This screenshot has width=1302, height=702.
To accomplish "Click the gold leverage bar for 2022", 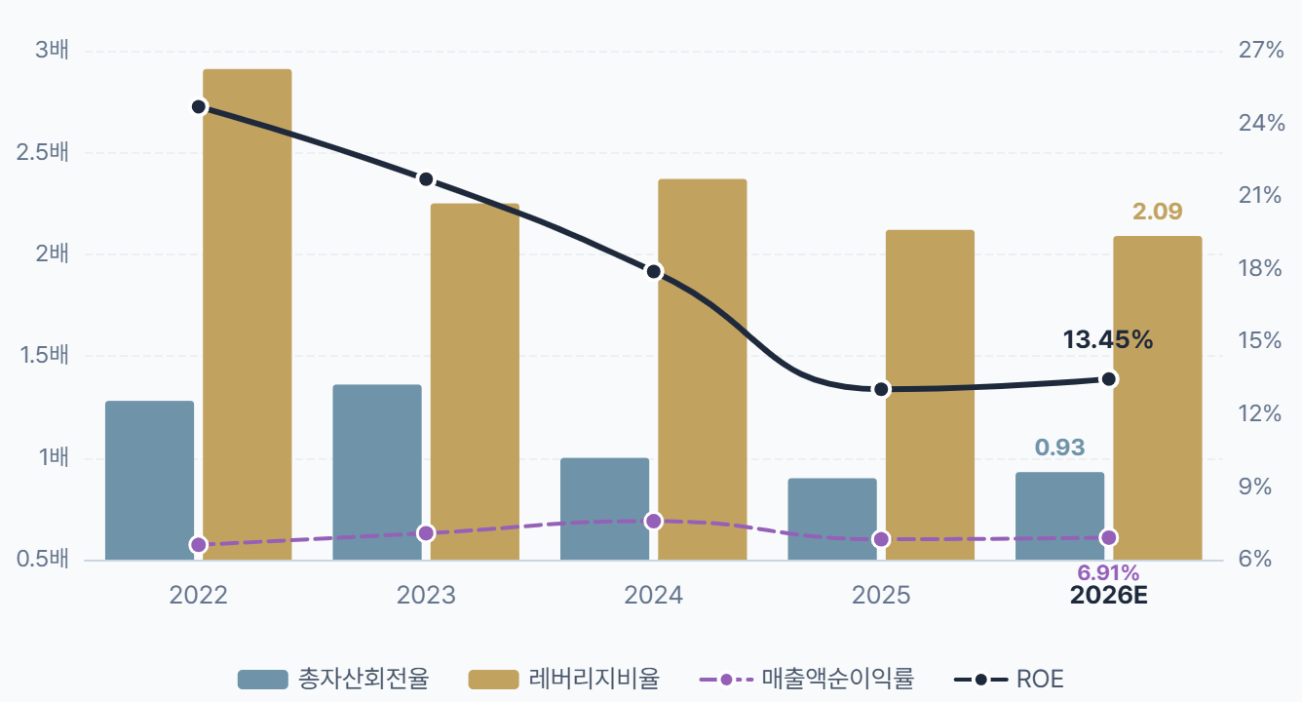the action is pos(247,315).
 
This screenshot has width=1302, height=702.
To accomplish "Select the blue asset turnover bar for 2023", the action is pos(377,472).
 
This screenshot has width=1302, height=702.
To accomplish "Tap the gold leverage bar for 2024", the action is pos(702,370).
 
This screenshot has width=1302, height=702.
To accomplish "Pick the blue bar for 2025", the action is pos(832,520).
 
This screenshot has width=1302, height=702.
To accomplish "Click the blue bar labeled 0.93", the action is pos(1059,517).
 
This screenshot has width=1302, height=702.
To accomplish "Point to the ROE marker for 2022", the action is pos(199,107).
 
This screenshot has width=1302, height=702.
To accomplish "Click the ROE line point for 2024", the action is pos(654,272).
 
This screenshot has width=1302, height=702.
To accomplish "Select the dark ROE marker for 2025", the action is pos(882,389).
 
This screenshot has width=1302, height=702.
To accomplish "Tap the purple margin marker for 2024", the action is pos(654,521).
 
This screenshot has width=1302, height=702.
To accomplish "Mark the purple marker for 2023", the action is pos(426,533).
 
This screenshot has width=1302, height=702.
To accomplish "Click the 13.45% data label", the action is pos(1107,339).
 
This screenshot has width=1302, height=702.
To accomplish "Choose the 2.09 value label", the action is pos(1157,212).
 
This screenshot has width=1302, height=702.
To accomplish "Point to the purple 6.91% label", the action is pos(1108,573).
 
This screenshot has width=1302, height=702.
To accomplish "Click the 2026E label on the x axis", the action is pos(1108,596).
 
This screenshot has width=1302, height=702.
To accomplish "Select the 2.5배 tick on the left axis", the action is pos(43,152).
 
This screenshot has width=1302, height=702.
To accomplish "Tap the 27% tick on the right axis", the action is pos(1261,50).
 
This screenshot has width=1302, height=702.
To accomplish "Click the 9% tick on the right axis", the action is pos(1255,487).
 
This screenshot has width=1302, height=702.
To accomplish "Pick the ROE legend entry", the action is pos(1009,680).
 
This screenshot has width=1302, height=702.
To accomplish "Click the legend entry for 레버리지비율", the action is pos(564,680).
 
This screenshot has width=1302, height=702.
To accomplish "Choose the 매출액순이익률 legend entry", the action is pos(807,680).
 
